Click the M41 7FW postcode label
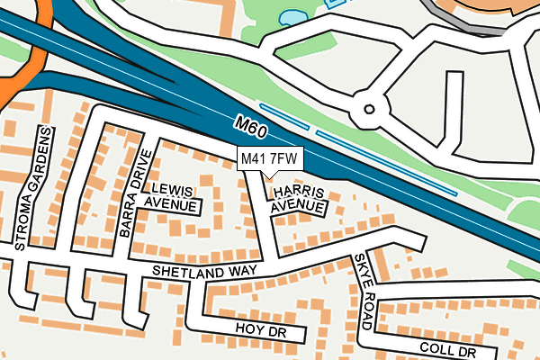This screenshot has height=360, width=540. click(x=269, y=159)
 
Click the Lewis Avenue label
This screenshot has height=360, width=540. click(x=174, y=196)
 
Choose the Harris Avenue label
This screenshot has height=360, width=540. click(x=298, y=199)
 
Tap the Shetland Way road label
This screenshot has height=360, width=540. click(x=204, y=271)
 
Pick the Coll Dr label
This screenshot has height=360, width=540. click(x=446, y=350)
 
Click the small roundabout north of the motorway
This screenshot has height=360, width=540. click(x=368, y=109)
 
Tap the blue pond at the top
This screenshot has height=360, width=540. click(x=292, y=16)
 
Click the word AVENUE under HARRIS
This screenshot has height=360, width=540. click(x=298, y=206)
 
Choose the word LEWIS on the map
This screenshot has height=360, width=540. click(x=173, y=189)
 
